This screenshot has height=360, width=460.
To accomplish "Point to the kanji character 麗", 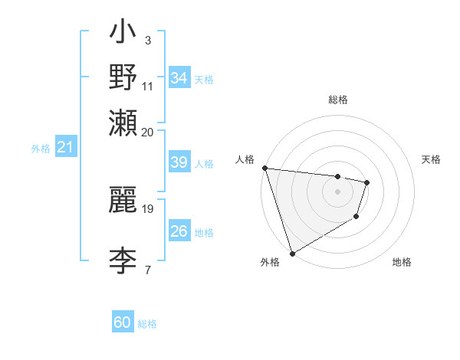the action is pos(123,198).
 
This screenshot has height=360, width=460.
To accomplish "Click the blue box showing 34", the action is pos(179,78).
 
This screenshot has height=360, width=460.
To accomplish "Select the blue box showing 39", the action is pos(179,162).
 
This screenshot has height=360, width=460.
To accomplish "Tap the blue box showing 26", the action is pos(179,231).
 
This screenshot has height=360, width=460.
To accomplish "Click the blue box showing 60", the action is pos(123,322).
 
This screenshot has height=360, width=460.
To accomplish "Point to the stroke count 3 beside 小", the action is pos(147,40).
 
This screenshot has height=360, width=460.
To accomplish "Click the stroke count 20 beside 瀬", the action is pos(147,132).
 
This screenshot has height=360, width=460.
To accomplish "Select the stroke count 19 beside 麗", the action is pos(149,208).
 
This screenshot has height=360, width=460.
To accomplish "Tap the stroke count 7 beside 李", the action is pos(147,270).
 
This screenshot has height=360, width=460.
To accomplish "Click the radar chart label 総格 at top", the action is pos(338,100).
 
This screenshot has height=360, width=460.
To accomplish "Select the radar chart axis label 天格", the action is pos(432,159).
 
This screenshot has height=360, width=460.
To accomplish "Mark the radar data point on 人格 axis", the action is pos(264,168).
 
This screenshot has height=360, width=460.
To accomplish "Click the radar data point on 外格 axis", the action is pos(293,253).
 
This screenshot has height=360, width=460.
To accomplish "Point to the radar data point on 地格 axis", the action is pos(356,218).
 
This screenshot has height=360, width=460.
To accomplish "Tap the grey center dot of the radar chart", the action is pos(338,191).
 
